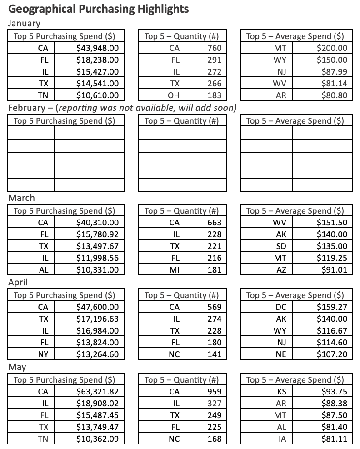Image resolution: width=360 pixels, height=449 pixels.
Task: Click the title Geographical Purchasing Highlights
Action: point(99,9)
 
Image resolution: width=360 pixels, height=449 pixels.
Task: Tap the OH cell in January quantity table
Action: point(174,95)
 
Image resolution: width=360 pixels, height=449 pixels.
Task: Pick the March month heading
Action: point(21,198)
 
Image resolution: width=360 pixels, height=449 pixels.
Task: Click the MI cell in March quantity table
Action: point(174,269)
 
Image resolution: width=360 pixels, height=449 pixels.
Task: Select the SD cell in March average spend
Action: point(280,246)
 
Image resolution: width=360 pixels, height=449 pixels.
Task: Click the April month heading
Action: point(18,282)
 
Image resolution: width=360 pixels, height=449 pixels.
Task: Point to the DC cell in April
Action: point(280,307)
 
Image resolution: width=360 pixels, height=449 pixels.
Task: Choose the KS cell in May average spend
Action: point(280,391)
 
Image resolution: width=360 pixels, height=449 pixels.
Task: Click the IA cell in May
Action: point(280,439)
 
